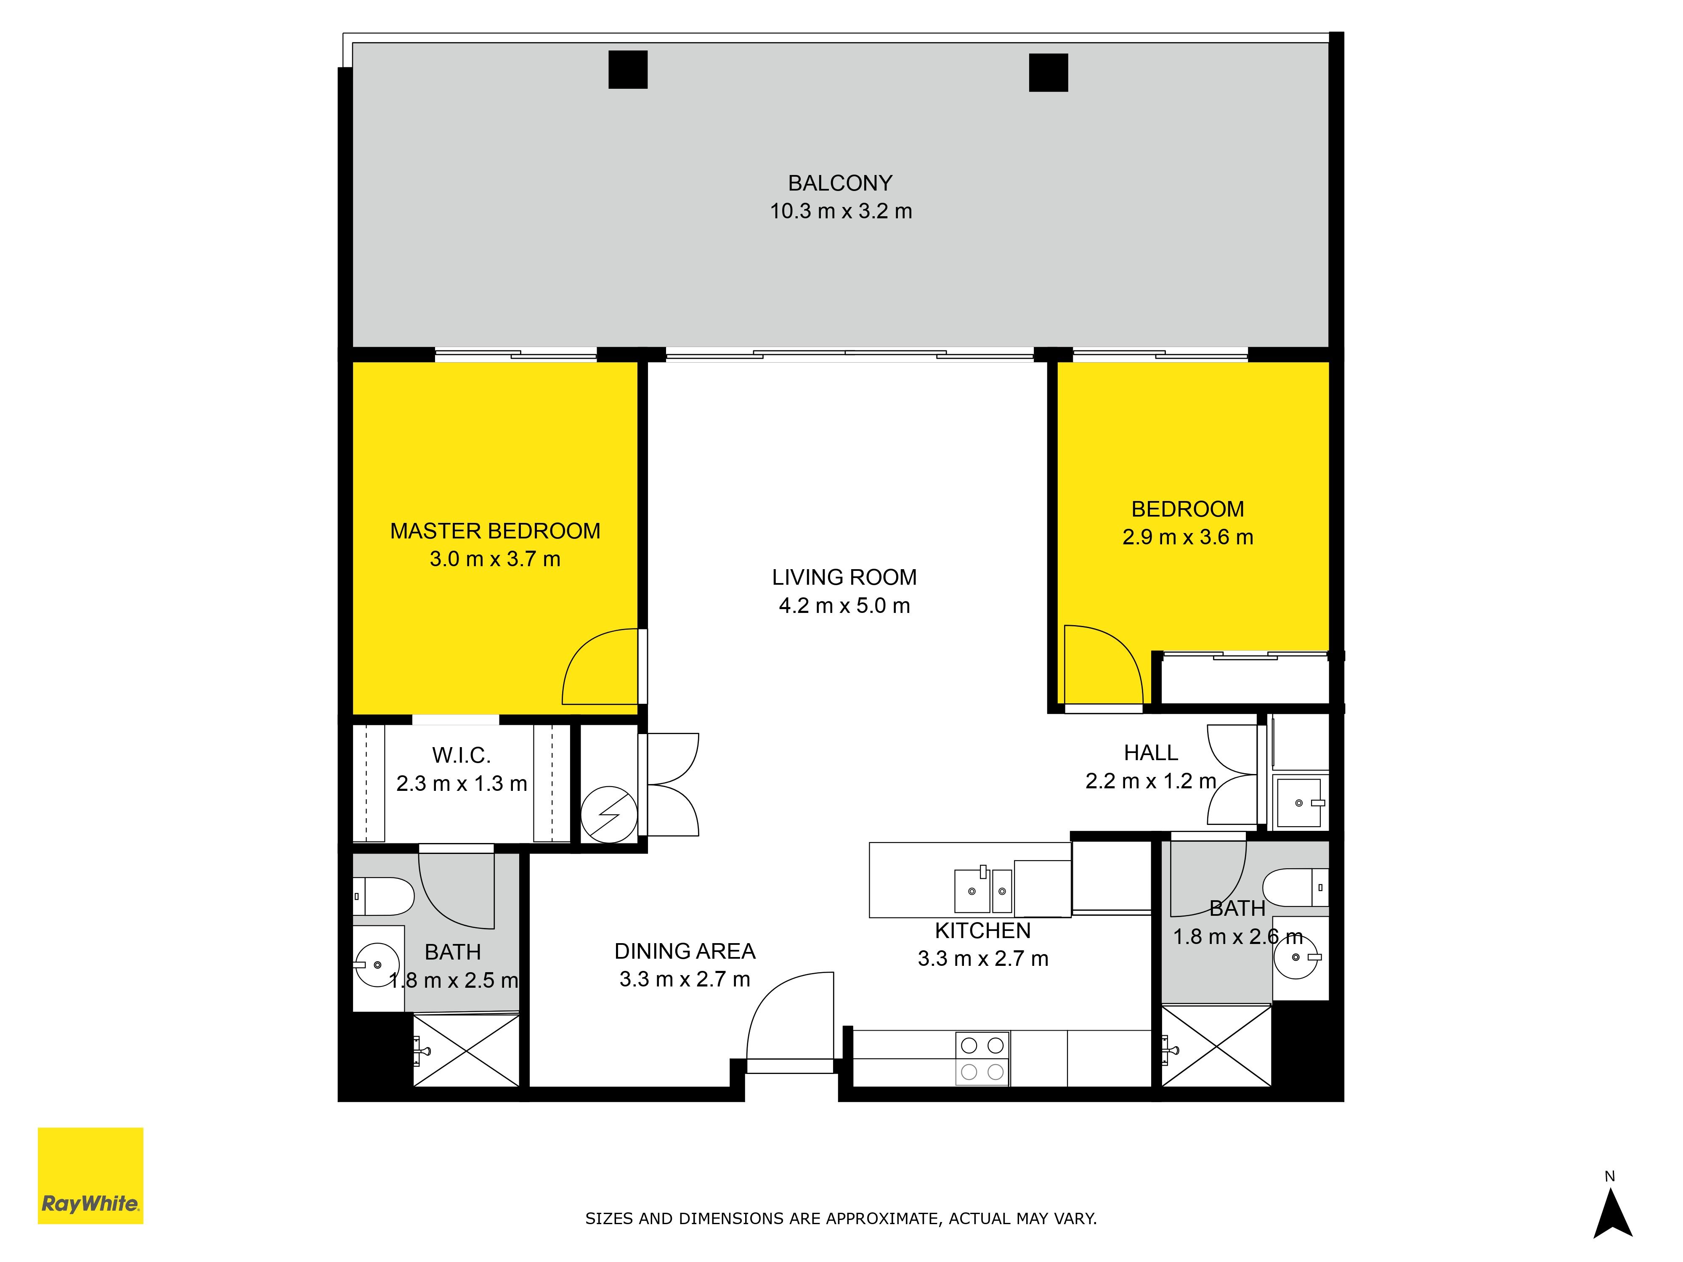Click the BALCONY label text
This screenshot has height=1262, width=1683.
pos(840,183)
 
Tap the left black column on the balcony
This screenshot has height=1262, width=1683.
pos(628,70)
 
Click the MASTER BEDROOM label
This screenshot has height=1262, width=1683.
pos(495,531)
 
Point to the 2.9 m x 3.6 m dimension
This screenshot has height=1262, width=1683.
pos(1188,537)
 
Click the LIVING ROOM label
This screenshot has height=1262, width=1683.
pos(844,578)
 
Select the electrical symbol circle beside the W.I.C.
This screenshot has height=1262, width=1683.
pos(609,814)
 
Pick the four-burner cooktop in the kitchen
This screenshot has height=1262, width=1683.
pos(982,1058)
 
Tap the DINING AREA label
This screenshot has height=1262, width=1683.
pos(685,952)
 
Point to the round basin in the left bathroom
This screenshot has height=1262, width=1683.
pos(377,965)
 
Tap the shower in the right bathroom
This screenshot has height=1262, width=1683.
pos(1216,1046)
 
